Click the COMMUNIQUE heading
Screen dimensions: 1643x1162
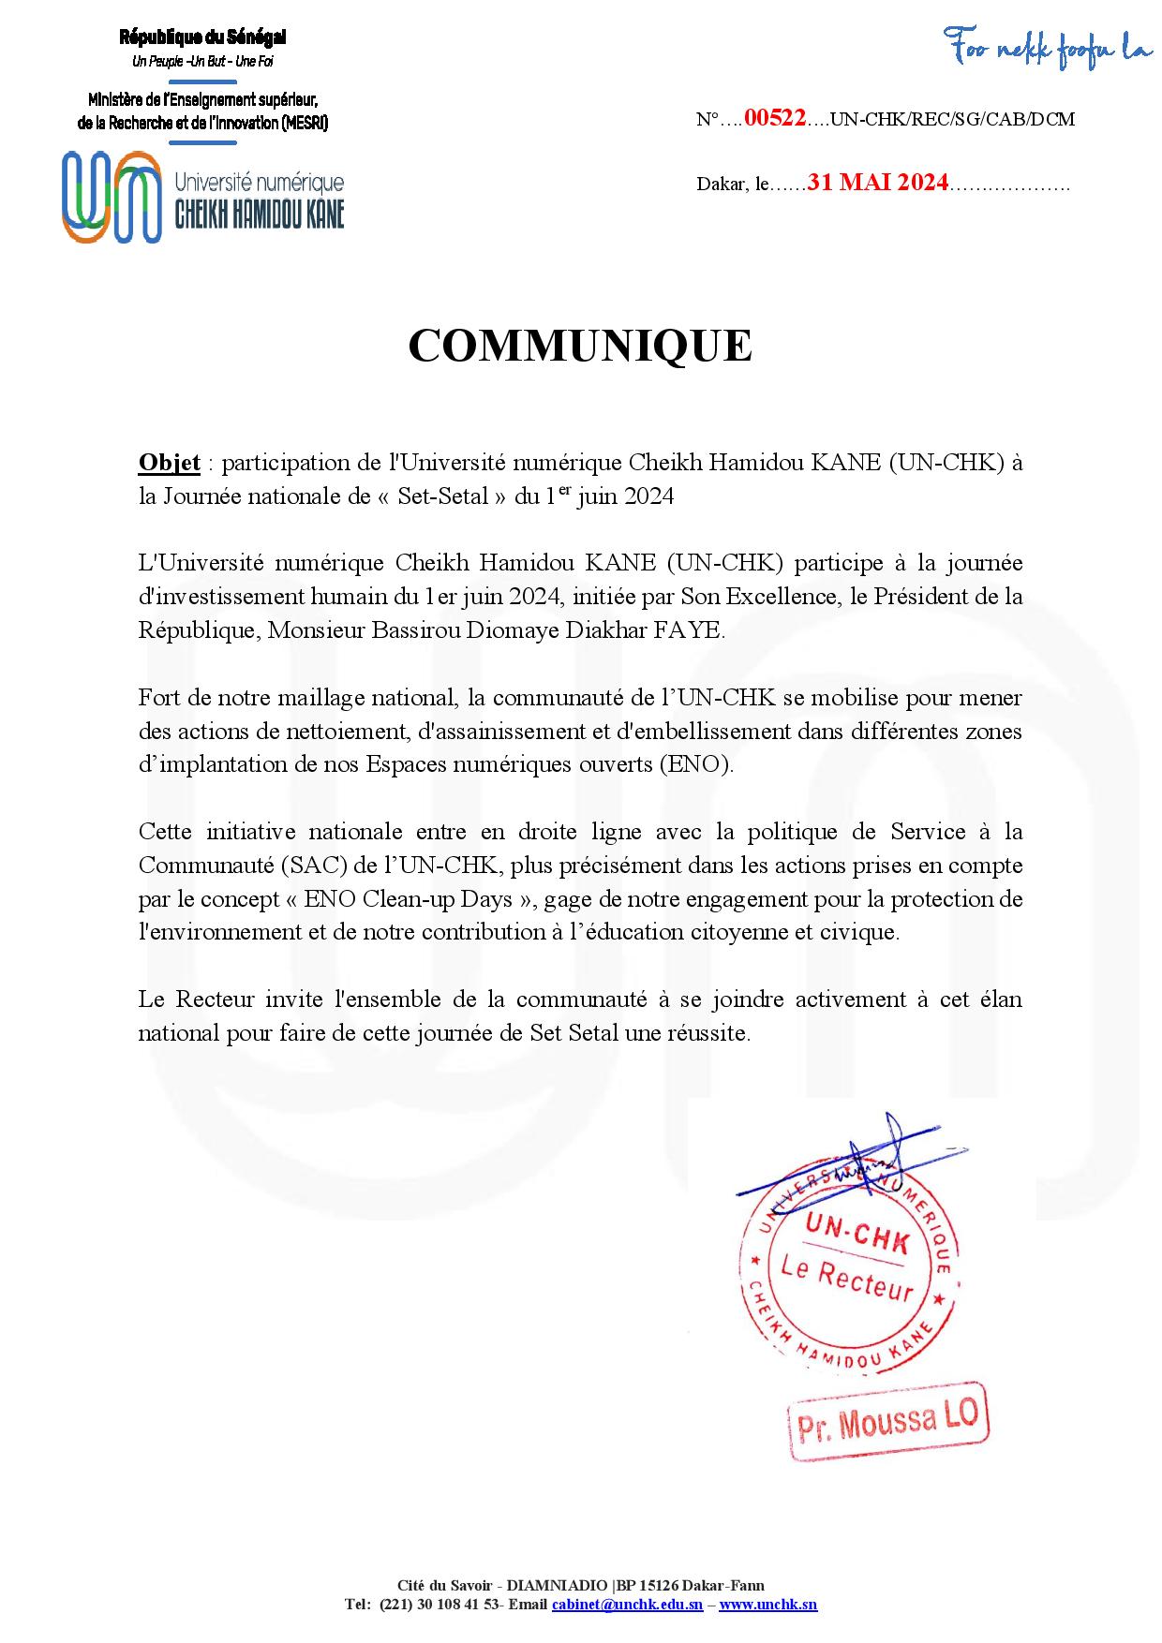[x=580, y=346]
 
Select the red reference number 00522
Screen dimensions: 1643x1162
[x=774, y=119]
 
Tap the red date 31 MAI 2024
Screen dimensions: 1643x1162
[x=878, y=183]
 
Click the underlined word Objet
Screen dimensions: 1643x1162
[x=169, y=463]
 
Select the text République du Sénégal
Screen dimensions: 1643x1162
[x=202, y=37]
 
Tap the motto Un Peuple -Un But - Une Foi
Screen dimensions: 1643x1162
[x=202, y=62]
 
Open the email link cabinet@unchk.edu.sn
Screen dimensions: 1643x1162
[x=627, y=1605]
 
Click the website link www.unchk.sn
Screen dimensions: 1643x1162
[x=767, y=1605]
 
